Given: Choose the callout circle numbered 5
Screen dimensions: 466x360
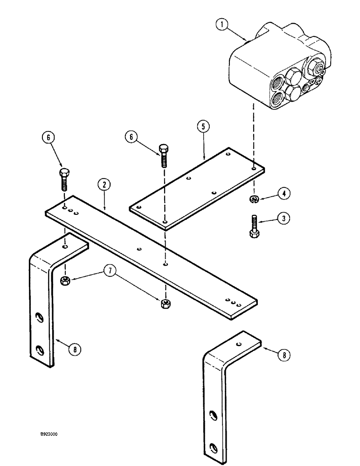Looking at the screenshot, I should [x=204, y=127].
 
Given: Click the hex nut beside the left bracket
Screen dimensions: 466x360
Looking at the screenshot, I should [x=65, y=280].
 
